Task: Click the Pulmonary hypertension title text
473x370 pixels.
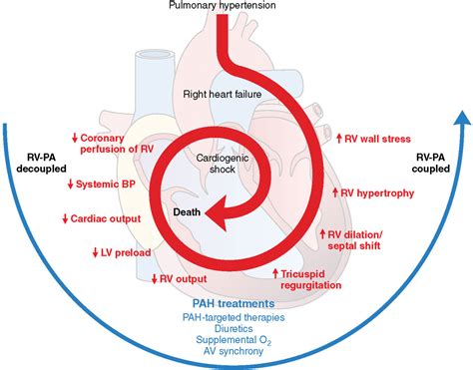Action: (x=236, y=8)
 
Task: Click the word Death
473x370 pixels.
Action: (x=188, y=211)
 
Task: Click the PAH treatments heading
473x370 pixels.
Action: (x=236, y=304)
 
